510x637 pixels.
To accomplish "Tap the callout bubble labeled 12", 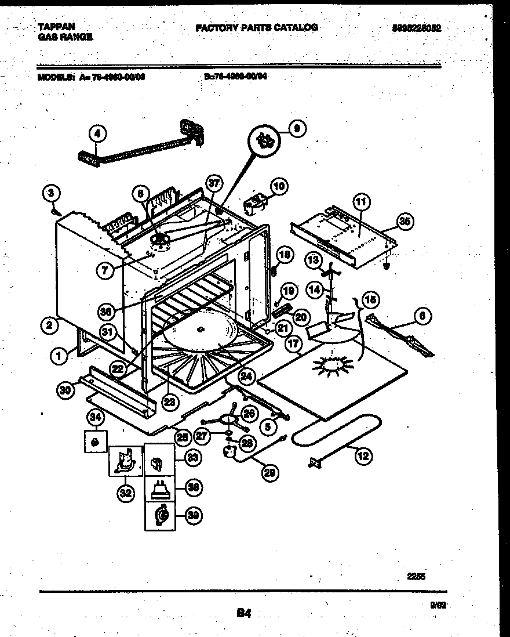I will (362, 456).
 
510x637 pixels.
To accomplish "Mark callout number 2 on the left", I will (50, 325).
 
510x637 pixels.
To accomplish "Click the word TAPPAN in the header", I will (56, 27).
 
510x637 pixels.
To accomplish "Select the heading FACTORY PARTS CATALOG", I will (257, 27).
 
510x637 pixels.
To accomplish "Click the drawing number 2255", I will (415, 577).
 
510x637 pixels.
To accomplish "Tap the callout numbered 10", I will (279, 186).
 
